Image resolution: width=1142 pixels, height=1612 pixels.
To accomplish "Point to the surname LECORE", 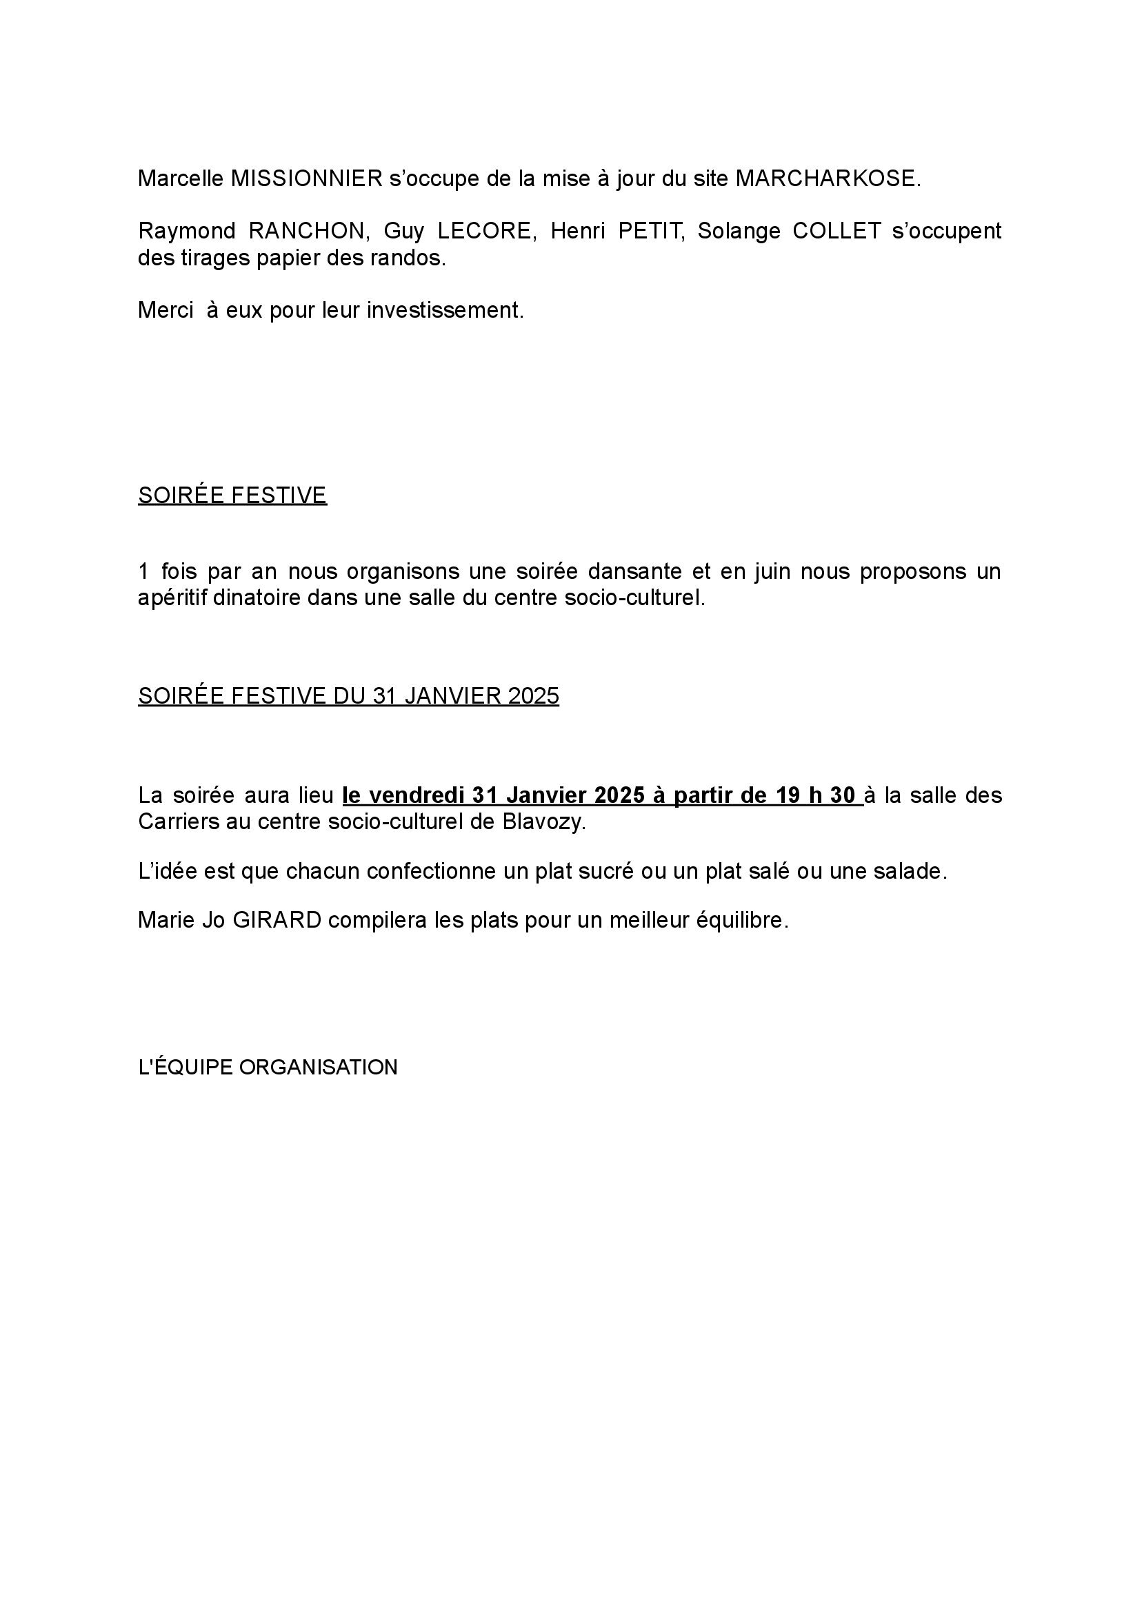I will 484,231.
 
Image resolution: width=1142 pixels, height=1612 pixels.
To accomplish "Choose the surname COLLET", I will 837,231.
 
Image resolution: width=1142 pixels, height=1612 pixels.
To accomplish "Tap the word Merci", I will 166,310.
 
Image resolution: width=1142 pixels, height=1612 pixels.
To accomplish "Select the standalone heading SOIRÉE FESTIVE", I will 232,496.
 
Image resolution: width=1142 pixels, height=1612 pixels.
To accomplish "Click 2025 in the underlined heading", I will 534,695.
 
